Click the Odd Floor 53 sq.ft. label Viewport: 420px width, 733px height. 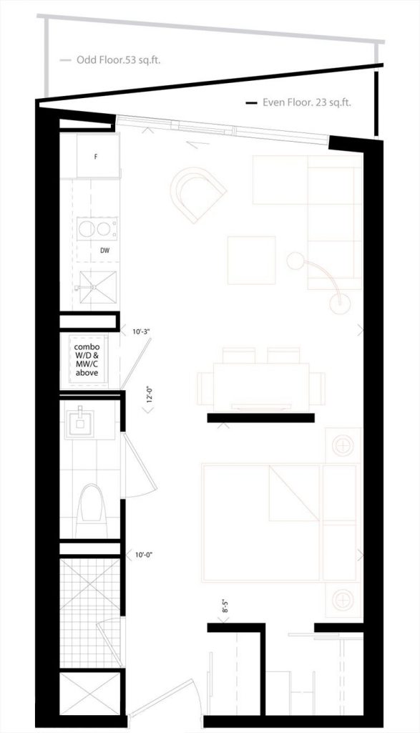[119, 60]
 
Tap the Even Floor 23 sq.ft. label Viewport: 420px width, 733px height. [306, 102]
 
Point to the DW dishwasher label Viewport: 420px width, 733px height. [105, 251]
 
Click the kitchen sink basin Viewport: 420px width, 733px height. [97, 286]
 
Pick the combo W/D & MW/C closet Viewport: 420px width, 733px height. [88, 360]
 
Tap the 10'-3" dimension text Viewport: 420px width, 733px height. [140, 331]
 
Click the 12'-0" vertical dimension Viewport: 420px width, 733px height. [149, 394]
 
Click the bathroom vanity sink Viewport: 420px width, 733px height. [80, 424]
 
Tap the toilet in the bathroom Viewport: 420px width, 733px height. [92, 510]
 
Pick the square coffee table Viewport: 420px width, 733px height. [251, 260]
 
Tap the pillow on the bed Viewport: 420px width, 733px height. [295, 492]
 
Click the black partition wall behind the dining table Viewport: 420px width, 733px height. [260, 418]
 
